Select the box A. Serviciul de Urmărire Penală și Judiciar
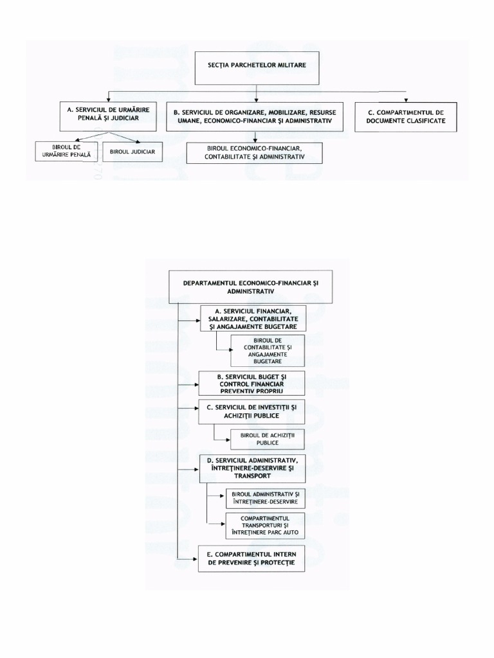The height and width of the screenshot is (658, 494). point(107,115)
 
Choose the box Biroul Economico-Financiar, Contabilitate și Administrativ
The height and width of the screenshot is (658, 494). point(254,152)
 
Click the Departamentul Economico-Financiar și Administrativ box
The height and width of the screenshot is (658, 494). point(252,287)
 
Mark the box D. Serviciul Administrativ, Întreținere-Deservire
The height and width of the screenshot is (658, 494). point(252,468)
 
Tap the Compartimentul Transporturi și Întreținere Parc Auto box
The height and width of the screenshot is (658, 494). point(265,526)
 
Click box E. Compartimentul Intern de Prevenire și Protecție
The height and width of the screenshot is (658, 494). point(251,558)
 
